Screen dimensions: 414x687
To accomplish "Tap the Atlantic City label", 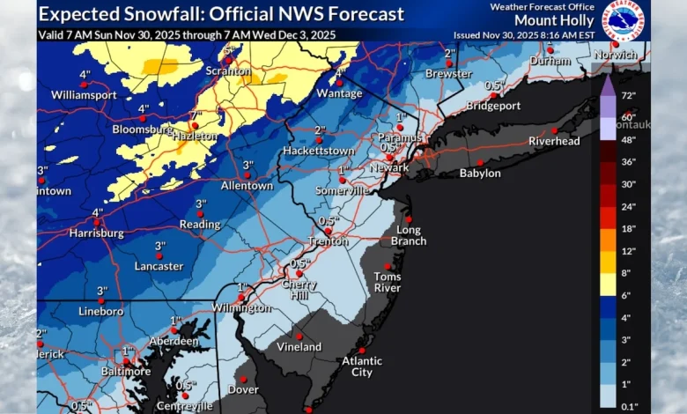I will point(362,366).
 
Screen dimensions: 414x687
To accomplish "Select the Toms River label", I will point(388,282).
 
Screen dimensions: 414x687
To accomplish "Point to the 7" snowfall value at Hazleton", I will point(196,115).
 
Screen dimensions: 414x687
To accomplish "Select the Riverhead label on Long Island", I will point(554,141).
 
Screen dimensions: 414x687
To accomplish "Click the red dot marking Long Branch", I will point(409,219).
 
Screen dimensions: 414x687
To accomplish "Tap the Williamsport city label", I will point(84,93).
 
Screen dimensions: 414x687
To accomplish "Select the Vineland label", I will point(299,347).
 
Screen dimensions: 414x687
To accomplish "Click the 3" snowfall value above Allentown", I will point(248,165).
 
